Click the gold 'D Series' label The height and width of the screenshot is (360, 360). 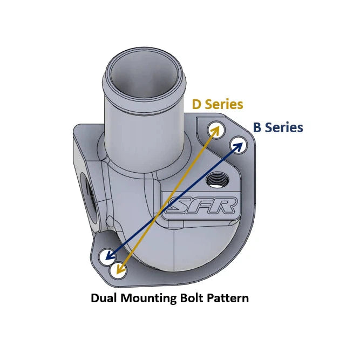(x=218, y=104)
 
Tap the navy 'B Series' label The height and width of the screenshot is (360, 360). (x=278, y=128)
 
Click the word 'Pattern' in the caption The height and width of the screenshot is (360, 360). (x=228, y=298)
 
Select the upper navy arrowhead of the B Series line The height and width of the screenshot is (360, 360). (x=237, y=144)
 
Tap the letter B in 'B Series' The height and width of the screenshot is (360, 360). (x=257, y=128)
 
